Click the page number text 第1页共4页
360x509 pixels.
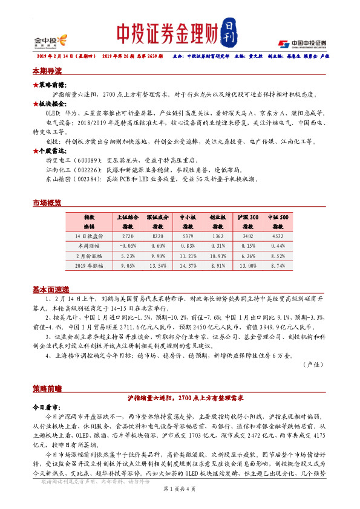pyautogui.click(x=180, y=505)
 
